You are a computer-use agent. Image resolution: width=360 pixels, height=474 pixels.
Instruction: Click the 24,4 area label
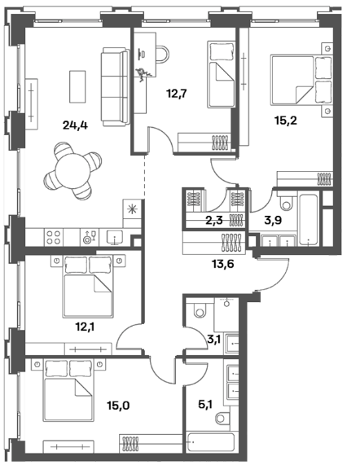(75, 125)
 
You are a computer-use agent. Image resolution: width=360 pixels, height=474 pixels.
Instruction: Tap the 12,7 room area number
(177, 94)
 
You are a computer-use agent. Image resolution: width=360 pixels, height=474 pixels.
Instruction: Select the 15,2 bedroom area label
(286, 121)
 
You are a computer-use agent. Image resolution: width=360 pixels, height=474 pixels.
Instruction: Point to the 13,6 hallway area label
(223, 264)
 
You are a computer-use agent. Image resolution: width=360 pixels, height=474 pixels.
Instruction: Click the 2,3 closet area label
(214, 220)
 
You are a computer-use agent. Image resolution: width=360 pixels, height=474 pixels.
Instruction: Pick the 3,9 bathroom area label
(273, 220)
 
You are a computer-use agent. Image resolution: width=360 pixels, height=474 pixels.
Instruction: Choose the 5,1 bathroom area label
(205, 404)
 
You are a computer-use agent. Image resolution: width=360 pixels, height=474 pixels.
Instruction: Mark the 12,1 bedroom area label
(85, 327)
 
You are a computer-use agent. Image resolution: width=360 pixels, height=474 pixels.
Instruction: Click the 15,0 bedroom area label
(118, 406)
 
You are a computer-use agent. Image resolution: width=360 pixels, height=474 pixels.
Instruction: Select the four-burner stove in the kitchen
(54, 237)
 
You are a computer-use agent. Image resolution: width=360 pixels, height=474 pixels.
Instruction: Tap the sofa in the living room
(115, 87)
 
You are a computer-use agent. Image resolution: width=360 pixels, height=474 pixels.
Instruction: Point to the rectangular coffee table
(77, 87)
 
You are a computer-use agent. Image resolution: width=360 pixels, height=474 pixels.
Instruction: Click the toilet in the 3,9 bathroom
(287, 201)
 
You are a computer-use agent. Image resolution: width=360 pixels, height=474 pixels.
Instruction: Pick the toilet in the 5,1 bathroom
(224, 419)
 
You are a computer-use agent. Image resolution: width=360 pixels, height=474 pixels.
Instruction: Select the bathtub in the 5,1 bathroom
(211, 442)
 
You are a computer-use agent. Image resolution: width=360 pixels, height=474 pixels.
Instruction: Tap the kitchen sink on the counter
(115, 237)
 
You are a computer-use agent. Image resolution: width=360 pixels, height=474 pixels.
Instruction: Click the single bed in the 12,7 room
(221, 74)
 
